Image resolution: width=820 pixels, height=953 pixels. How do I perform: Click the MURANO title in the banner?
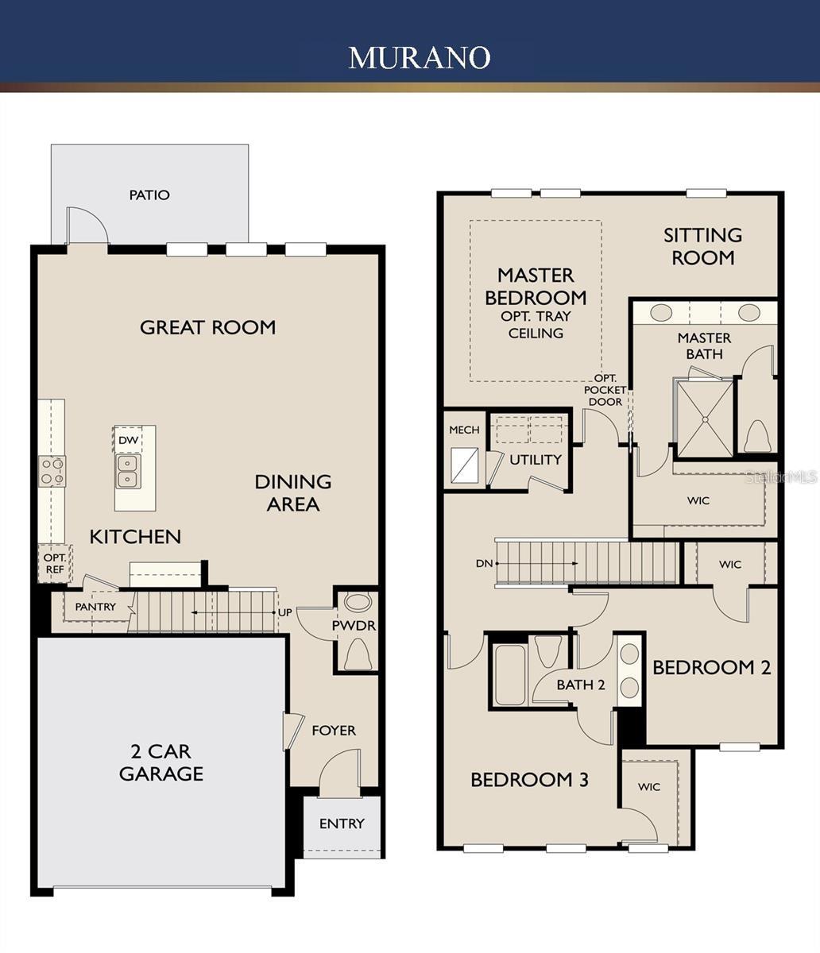click(419, 57)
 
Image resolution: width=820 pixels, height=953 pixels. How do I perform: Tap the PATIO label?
click(149, 195)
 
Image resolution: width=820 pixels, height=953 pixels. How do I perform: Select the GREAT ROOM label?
click(207, 327)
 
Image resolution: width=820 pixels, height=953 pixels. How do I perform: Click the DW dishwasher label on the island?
click(127, 440)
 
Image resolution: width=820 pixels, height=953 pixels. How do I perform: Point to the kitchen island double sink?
click(127, 471)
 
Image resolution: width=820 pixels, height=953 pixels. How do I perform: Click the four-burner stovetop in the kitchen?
click(52, 471)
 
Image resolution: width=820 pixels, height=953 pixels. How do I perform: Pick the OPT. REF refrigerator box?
click(55, 563)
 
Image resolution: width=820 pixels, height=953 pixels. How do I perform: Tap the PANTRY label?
click(95, 607)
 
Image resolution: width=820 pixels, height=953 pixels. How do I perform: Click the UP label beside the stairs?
click(284, 613)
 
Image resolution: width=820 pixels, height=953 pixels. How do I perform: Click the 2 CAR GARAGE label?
click(161, 762)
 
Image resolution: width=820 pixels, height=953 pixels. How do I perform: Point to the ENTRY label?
click(342, 824)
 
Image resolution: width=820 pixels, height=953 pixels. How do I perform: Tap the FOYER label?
click(333, 730)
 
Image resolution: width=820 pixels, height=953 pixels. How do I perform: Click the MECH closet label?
click(464, 430)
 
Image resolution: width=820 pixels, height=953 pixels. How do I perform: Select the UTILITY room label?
click(535, 459)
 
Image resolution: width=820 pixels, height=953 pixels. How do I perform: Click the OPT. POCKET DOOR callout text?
click(605, 390)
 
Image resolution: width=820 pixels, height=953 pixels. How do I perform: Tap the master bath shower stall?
click(704, 418)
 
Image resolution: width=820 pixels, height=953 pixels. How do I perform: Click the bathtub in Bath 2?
click(509, 675)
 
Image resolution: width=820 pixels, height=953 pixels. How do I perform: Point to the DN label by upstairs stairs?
click(485, 563)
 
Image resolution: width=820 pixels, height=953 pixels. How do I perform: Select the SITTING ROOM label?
click(702, 246)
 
